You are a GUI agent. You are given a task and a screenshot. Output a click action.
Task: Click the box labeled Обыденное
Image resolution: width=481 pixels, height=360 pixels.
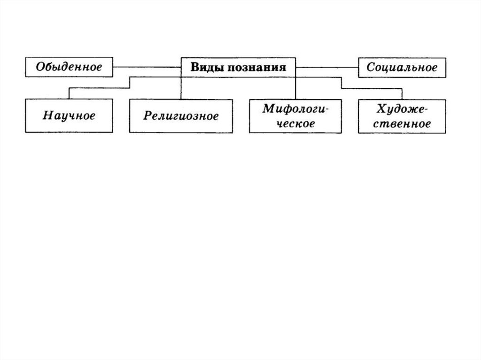(69, 67)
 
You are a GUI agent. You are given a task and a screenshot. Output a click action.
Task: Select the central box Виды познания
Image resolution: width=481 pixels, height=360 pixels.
(238, 67)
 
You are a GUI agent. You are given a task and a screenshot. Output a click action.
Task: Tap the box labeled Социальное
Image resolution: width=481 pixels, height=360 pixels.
(402, 67)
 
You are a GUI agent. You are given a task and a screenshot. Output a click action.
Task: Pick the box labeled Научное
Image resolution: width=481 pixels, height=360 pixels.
(69, 115)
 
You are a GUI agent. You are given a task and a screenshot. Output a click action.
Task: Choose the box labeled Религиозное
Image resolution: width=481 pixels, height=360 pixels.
(181, 115)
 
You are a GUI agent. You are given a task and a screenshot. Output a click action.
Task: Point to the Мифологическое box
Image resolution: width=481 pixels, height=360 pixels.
(295, 116)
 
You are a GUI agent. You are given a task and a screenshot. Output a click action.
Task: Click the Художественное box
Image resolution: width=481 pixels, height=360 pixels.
(402, 116)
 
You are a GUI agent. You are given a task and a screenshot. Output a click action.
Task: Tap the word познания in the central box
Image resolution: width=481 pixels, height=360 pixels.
(257, 67)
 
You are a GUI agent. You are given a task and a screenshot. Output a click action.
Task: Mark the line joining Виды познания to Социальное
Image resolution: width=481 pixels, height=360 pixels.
(327, 67)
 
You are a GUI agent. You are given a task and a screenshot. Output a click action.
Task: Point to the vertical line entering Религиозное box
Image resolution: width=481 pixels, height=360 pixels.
(181, 89)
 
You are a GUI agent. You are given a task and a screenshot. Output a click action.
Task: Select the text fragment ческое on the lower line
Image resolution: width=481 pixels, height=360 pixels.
(295, 123)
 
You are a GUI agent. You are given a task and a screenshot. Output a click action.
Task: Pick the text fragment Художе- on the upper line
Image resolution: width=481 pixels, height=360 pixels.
(402, 110)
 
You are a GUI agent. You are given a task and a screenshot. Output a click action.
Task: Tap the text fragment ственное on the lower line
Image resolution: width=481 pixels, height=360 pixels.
(402, 123)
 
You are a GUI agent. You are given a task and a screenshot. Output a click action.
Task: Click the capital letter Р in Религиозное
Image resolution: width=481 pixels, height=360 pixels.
(147, 116)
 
